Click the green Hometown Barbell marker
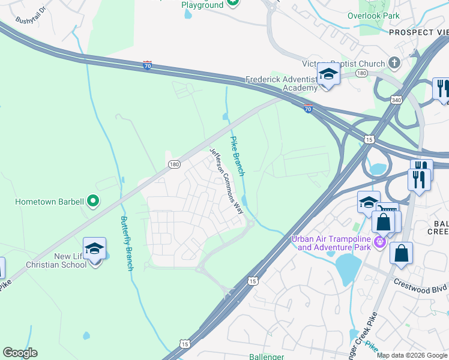[92, 202]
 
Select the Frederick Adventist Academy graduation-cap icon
[328, 74]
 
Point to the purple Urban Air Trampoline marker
[379, 242]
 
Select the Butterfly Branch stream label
[125, 243]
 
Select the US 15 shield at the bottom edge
[185, 342]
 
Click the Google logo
[20, 353]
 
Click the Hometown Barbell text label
[49, 202]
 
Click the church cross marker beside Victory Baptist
[394, 63]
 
